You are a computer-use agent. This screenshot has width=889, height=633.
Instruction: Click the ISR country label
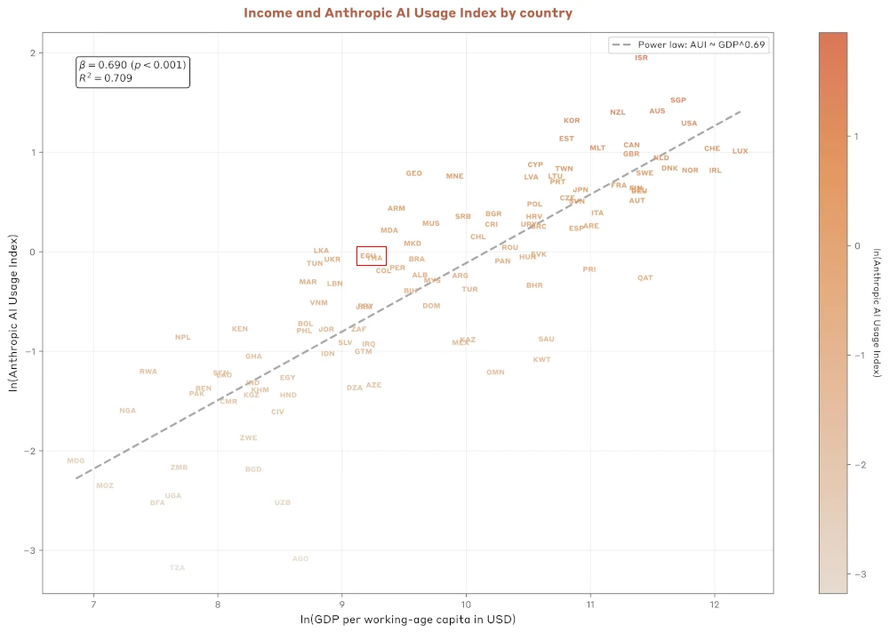point(641,58)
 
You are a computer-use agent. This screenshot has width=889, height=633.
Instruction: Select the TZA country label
point(177,567)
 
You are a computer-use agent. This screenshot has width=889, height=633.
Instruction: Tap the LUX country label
point(740,151)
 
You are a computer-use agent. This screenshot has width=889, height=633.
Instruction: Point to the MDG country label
point(76,461)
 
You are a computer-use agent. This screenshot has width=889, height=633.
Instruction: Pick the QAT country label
point(645,278)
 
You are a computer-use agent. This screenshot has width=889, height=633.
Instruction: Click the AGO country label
point(300,558)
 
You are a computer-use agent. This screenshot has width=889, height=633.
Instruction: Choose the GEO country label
point(413,173)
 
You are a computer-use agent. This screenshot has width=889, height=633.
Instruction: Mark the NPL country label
point(182,337)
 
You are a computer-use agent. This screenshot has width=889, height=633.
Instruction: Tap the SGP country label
point(678,100)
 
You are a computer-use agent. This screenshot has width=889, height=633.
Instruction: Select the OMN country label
point(495,373)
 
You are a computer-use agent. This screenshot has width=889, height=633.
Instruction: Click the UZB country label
point(282,502)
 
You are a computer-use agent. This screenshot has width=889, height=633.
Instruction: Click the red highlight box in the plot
point(371,256)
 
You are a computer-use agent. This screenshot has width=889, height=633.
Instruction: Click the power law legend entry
point(687,44)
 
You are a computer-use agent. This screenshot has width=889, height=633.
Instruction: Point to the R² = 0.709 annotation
point(106,78)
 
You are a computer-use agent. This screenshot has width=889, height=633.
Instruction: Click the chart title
point(408,13)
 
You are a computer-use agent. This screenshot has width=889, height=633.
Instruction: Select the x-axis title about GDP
point(408,619)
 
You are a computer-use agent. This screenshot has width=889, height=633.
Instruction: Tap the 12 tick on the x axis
point(714,605)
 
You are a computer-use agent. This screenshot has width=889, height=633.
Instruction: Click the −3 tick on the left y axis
point(29,550)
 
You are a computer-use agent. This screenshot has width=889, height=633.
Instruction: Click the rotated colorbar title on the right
point(876,313)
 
